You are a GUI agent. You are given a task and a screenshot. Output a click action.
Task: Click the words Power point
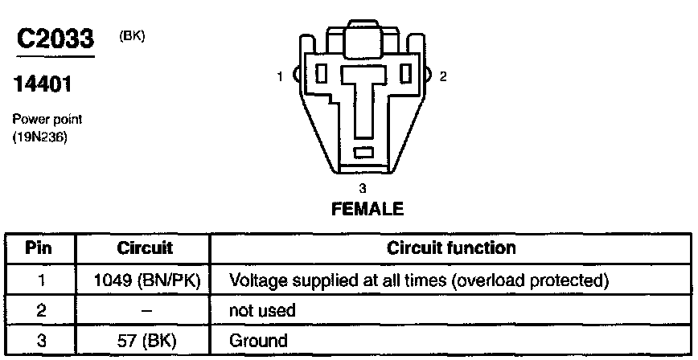click(x=47, y=119)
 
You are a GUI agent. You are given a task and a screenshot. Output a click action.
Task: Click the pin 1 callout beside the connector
click(x=280, y=76)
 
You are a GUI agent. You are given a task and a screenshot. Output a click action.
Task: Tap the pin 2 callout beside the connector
click(x=443, y=76)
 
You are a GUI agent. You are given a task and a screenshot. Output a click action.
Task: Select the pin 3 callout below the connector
click(x=363, y=188)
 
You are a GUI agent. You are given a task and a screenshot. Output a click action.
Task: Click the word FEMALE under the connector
click(x=367, y=209)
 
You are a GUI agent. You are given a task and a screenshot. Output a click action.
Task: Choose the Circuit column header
click(x=145, y=247)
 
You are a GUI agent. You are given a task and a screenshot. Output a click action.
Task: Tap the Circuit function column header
click(x=451, y=247)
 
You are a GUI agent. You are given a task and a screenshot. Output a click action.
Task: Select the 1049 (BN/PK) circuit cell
click(x=147, y=280)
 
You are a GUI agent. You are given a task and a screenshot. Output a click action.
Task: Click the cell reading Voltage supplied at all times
click(x=417, y=280)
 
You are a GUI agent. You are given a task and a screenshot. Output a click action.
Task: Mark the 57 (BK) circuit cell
click(x=146, y=340)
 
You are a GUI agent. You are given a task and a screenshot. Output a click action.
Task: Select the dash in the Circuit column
click(x=146, y=310)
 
